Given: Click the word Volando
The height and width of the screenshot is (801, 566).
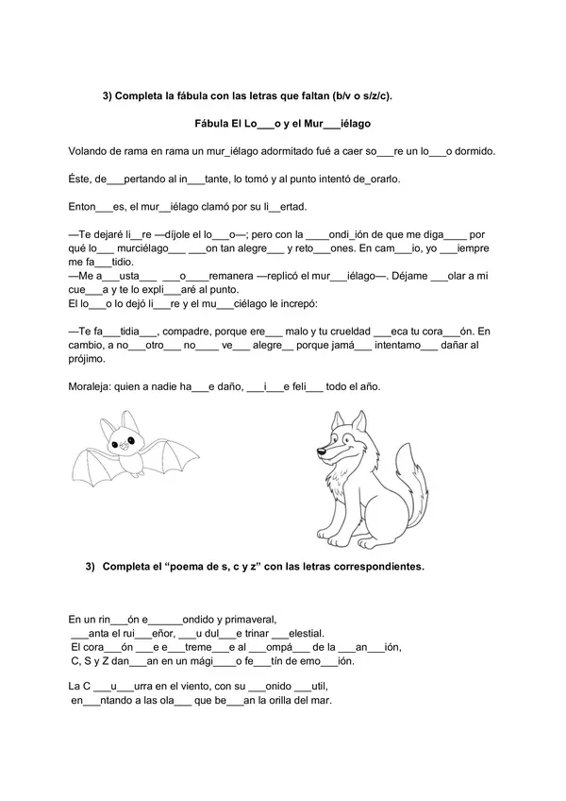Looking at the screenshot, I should pos(91,151).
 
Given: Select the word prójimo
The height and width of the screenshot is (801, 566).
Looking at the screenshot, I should pos(91,359).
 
